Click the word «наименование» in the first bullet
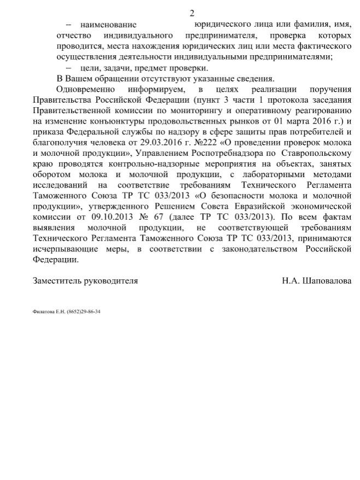108,25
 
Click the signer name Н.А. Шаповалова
317,280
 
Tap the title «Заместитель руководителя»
85,280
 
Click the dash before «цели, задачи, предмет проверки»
69,68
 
